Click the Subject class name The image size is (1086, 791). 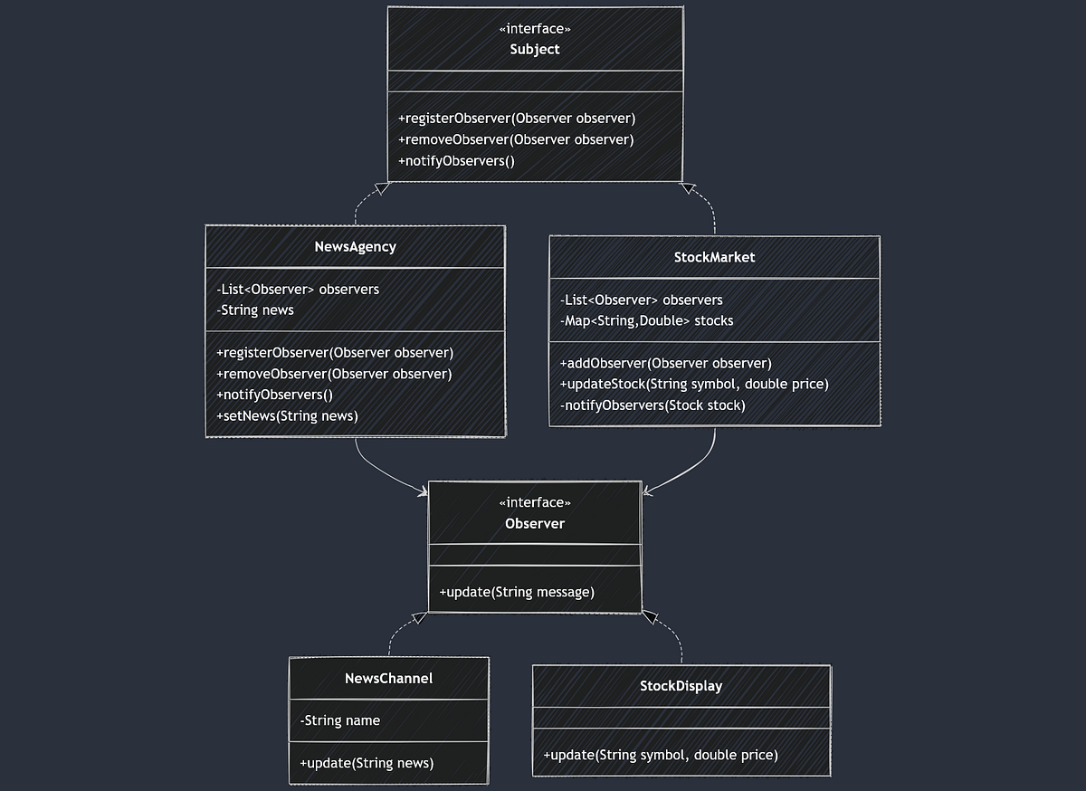click(x=534, y=50)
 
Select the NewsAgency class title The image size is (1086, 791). click(x=355, y=246)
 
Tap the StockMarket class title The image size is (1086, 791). click(x=714, y=257)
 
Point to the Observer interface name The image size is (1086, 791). click(x=534, y=523)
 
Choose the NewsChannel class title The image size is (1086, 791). click(x=388, y=678)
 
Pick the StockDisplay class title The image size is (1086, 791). click(x=681, y=685)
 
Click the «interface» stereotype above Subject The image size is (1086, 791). click(x=534, y=30)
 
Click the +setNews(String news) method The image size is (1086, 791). click(x=287, y=415)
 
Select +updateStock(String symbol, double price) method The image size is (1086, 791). click(x=694, y=384)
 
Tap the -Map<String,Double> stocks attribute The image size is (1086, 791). click(x=646, y=320)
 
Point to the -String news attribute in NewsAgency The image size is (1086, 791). click(x=255, y=310)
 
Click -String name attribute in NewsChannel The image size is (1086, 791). click(x=339, y=720)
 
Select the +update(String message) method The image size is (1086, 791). click(x=517, y=592)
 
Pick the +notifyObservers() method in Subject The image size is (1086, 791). click(x=456, y=161)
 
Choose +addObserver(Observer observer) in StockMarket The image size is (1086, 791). click(x=665, y=363)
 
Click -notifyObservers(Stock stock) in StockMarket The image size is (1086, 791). click(x=653, y=405)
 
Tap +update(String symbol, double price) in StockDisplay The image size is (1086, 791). click(x=660, y=754)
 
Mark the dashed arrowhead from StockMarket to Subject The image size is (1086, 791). click(x=688, y=188)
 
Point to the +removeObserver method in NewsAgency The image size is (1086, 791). click(x=334, y=373)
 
